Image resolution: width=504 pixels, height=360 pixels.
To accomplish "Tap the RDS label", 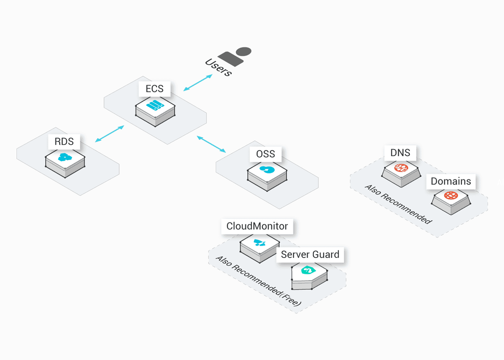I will [64, 142].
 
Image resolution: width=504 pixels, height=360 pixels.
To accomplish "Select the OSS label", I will [265, 154].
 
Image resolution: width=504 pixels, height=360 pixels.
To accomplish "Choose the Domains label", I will [451, 181].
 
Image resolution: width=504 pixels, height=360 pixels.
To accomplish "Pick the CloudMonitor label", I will [257, 226].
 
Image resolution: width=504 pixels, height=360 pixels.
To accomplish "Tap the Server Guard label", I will [310, 254].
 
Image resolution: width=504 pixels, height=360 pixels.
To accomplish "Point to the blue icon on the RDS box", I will [65, 157].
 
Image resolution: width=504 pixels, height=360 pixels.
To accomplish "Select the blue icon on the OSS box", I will [266, 170].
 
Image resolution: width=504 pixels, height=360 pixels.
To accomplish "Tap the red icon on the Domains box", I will [451, 196].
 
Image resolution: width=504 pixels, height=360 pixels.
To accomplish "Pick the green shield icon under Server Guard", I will [310, 270].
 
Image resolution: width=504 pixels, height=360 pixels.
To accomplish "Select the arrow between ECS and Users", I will [198, 82].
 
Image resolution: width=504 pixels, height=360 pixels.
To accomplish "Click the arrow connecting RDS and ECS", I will [110, 134].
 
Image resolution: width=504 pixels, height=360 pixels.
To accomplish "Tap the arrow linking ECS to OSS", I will [212, 144].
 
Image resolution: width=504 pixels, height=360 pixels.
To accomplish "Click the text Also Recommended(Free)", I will [258, 284].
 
